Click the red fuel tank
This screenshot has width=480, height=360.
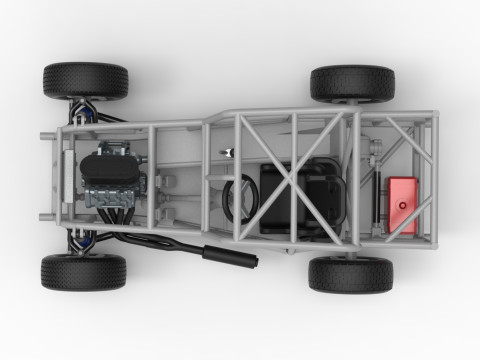click(x=402, y=205)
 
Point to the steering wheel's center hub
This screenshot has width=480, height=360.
click(x=241, y=195)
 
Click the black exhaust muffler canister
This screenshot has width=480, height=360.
click(x=230, y=254)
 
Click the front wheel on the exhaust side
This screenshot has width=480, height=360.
click(x=84, y=271)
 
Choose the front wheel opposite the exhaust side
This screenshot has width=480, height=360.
click(x=85, y=81)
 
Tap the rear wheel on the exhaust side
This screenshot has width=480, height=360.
click(x=350, y=274)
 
